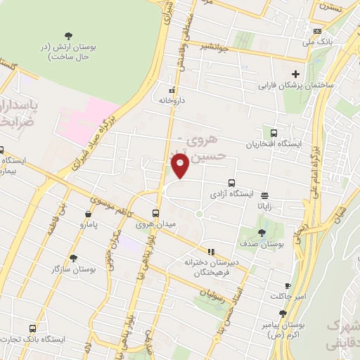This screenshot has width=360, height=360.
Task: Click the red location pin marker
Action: pos(180,166)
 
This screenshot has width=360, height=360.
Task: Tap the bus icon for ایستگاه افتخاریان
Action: pos(274,133)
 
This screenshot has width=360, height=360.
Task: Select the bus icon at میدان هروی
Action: pos(156,213)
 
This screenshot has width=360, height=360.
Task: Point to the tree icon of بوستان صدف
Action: pos(262,233)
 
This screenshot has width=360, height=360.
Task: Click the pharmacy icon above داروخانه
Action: pos(172,90)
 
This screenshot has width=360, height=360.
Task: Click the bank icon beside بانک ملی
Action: pos(318,31)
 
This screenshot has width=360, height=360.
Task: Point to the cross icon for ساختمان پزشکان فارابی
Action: pos(296,74)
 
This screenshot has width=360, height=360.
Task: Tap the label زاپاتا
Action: pos(273,206)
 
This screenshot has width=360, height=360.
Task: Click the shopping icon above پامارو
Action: pos(87,214)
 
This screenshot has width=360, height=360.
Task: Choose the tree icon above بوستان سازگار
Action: pos(73,258)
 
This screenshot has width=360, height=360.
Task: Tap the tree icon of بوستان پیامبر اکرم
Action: pos(283,314)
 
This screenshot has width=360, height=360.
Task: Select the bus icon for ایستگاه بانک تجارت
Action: pos(33,328)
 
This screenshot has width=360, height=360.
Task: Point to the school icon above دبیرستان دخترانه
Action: pos(210,251)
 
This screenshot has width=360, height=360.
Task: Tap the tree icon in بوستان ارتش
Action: pos(68,35)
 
